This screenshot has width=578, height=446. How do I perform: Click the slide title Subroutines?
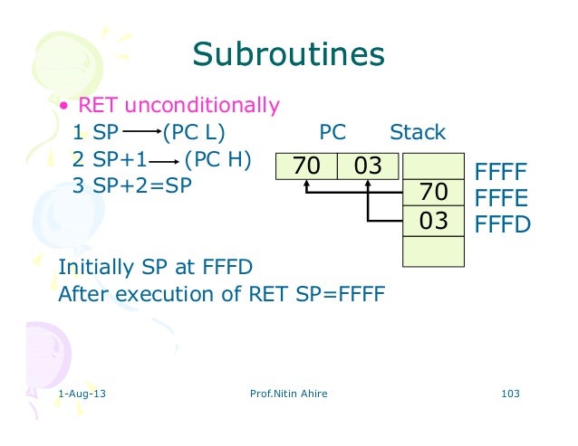coord(288,56)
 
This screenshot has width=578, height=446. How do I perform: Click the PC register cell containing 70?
coord(306,166)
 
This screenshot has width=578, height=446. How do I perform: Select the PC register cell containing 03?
coord(367,166)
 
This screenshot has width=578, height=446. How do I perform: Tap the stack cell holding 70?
coord(434,193)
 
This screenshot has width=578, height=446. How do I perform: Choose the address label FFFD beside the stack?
coord(501,223)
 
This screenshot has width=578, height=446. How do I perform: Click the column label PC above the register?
coord(332,132)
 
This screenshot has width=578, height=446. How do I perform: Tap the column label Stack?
coord(418,132)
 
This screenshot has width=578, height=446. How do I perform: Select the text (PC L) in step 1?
coord(192,132)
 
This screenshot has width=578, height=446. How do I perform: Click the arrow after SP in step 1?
coord(138,133)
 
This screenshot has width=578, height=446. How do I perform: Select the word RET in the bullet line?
coord(99,105)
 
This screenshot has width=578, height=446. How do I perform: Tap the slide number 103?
coord(514,394)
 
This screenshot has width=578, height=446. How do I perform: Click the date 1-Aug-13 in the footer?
coord(80,394)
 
